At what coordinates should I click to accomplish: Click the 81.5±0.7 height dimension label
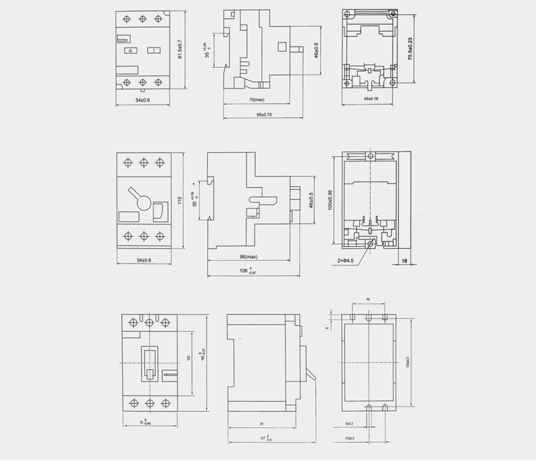click(180, 49)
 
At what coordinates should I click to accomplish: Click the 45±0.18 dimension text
click(371, 99)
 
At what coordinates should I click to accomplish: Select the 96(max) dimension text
click(249, 257)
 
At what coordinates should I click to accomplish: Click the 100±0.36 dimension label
click(330, 198)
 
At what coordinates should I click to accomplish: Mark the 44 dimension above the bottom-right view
click(368, 299)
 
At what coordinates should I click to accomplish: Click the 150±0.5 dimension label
click(407, 362)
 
